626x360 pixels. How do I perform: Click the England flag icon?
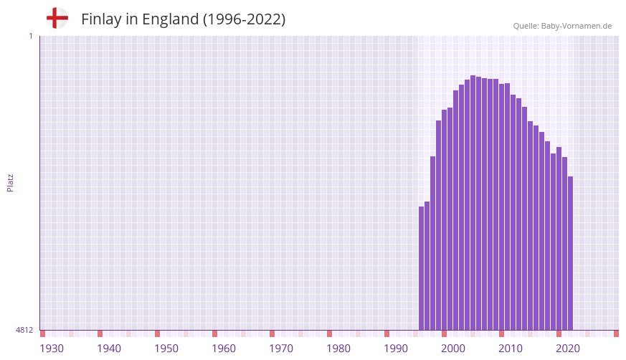point(57,18)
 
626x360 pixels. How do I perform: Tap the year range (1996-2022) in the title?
point(244,19)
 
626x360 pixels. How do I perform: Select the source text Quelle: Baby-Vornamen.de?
point(562,26)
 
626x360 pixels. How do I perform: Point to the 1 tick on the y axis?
point(30,36)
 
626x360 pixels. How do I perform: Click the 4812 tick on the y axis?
point(24,331)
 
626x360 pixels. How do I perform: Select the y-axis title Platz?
point(10,182)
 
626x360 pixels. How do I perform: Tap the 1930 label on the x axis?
point(52,349)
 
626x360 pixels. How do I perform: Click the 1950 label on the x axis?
point(166,349)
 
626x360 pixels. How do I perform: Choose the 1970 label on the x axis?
point(281,349)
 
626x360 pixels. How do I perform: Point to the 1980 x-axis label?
point(338,349)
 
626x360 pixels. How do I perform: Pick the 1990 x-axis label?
point(396,349)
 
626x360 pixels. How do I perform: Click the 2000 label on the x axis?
point(453,349)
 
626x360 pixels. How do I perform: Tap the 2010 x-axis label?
point(511,349)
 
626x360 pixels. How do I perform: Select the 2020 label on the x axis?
point(568,349)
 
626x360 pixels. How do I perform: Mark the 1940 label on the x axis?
point(109,349)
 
